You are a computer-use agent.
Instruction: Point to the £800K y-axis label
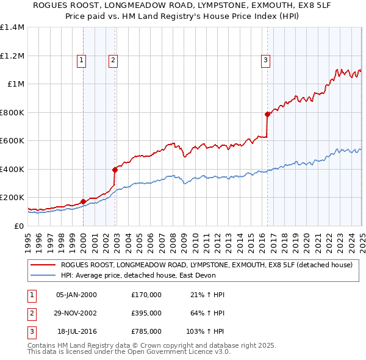(12, 112)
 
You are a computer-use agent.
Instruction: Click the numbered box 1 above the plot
(82, 60)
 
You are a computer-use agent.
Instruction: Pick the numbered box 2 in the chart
(113, 60)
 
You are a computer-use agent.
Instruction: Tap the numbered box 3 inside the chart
(266, 60)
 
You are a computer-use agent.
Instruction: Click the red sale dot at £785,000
(267, 114)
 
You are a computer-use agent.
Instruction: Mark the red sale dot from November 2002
(115, 170)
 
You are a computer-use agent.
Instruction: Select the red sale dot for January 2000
(83, 201)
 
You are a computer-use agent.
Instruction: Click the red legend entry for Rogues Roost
(206, 265)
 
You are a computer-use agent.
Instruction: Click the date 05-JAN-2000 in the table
(76, 295)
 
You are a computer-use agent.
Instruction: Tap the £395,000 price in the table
(146, 313)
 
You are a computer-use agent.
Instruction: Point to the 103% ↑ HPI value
(206, 331)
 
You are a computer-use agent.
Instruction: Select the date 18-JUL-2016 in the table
(76, 331)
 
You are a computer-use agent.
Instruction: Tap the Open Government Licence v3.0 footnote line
(129, 352)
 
